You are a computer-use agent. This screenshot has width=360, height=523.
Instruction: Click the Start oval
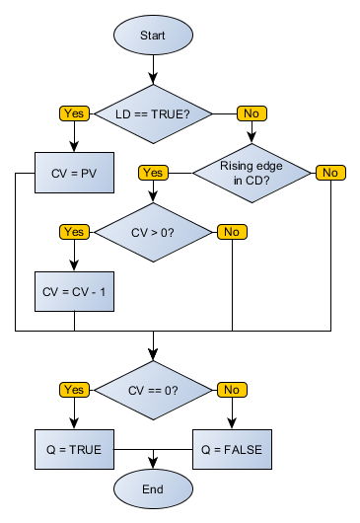(x=153, y=35)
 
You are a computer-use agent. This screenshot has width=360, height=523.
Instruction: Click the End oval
(x=153, y=487)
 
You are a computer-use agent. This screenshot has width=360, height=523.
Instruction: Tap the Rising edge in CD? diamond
(x=252, y=173)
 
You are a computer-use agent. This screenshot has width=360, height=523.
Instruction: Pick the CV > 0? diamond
(x=153, y=232)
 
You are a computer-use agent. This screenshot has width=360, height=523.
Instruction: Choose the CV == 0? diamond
(x=153, y=390)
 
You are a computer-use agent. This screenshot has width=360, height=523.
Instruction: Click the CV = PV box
(x=74, y=173)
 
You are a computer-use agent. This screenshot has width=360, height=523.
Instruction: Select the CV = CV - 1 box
(x=74, y=291)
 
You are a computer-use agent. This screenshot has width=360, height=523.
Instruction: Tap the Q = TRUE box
(x=74, y=449)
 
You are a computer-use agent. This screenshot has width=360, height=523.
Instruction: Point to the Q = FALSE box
(x=232, y=449)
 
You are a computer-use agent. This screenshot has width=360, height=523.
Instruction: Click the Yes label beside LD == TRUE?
(x=74, y=112)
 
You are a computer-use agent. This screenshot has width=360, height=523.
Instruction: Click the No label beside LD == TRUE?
(x=252, y=112)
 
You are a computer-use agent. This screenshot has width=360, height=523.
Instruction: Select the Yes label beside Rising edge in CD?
(x=153, y=173)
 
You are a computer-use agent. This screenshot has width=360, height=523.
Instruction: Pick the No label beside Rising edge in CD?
(x=330, y=173)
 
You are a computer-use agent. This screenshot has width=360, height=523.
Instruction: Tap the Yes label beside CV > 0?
(x=74, y=232)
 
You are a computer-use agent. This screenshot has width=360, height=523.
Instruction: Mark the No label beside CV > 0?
(x=232, y=232)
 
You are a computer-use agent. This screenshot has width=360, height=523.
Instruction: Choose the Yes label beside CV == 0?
(x=74, y=390)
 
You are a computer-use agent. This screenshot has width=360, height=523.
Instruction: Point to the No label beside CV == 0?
(x=232, y=390)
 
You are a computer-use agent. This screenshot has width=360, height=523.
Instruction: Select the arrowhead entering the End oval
(x=153, y=463)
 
